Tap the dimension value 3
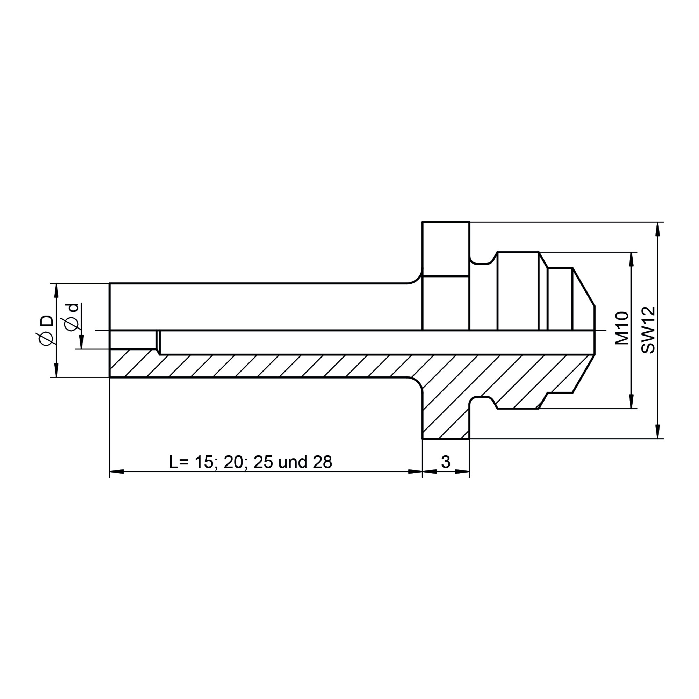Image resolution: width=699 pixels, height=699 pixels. [446, 462]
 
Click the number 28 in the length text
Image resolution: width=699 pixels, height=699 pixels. [322, 462]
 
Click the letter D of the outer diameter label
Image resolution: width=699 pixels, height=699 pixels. [47, 320]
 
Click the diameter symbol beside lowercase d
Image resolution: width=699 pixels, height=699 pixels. [72, 323]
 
